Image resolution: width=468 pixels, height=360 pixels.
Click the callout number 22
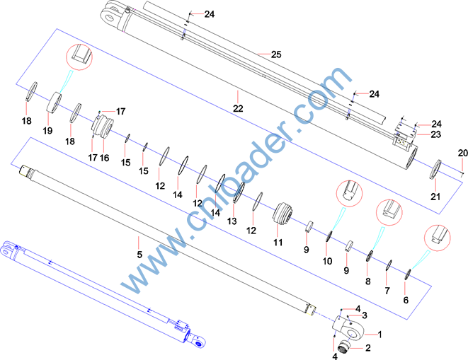pos(238,108)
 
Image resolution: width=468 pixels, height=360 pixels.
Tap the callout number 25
pos(276,54)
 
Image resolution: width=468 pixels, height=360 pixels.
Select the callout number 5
pos(139,255)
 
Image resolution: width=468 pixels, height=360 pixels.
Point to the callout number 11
pos(278,242)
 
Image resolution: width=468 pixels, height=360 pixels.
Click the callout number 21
pos(435,197)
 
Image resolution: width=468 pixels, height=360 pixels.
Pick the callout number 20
pos(463,153)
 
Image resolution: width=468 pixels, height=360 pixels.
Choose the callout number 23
pos(435,134)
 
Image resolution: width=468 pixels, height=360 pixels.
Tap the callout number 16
pos(105,158)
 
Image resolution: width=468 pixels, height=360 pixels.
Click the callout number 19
pos(47,131)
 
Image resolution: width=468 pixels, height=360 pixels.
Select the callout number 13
pos(232,221)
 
